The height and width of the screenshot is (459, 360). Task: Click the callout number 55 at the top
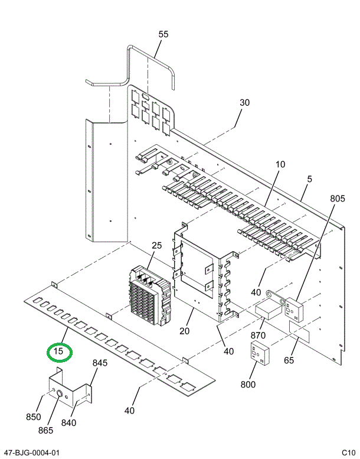(163, 34)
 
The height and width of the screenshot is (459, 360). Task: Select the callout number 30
(244, 102)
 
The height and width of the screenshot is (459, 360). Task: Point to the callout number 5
(309, 179)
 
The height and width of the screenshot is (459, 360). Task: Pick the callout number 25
(156, 245)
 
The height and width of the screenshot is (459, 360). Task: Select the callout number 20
(184, 331)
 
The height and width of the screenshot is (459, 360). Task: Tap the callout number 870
(258, 336)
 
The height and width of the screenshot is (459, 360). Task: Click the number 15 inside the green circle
(59, 353)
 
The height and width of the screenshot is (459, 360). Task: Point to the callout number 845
(100, 363)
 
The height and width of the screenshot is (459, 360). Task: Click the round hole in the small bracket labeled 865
(59, 392)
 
